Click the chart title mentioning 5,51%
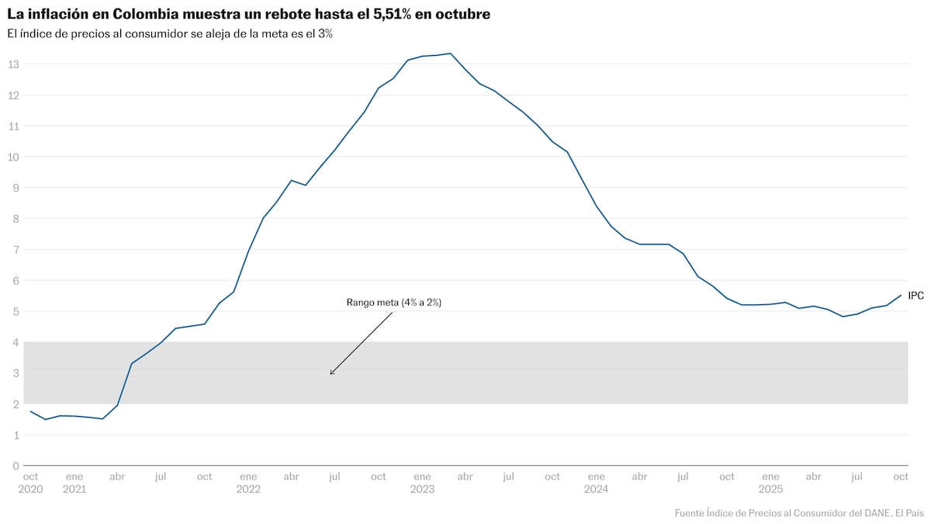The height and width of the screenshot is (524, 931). [248, 15]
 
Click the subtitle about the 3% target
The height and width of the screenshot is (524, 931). [170, 34]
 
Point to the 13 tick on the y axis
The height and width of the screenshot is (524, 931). [14, 64]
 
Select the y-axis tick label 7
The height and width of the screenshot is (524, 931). [16, 249]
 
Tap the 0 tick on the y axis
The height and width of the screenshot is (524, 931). [16, 466]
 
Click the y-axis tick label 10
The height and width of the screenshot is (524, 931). [14, 157]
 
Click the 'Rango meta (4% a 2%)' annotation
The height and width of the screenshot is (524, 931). [393, 303]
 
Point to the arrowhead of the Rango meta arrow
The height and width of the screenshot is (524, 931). [331, 374]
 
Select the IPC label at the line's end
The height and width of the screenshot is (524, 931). [915, 296]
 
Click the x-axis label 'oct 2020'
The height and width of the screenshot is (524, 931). [30, 483]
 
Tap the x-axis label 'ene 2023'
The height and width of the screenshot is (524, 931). [422, 483]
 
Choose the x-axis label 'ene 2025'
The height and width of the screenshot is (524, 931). [770, 483]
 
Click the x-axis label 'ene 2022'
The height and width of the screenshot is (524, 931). [248, 483]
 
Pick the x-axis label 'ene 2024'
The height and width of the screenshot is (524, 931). [596, 483]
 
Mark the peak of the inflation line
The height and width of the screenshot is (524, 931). [451, 54]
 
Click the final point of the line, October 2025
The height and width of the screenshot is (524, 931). [901, 295]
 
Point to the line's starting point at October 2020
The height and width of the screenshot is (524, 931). [30, 411]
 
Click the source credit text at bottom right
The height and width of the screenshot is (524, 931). [799, 512]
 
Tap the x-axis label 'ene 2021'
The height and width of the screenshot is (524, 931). [74, 483]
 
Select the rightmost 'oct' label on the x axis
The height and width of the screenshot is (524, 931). [901, 477]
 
